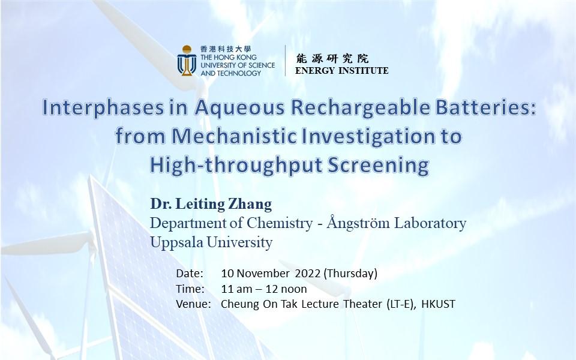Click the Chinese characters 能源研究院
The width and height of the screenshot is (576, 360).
pyautogui.click(x=332, y=59)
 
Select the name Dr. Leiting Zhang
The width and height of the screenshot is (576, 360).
pyautogui.click(x=211, y=204)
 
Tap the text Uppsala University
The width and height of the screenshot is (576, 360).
pyautogui.click(x=211, y=242)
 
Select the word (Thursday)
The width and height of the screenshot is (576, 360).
pyautogui.click(x=350, y=274)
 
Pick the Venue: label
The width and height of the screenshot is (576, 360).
pyautogui.click(x=193, y=304)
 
